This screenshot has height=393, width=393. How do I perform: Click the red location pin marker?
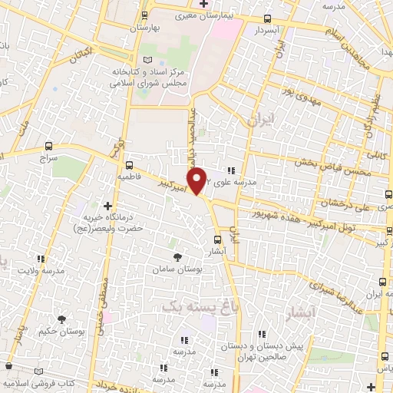click(198, 180)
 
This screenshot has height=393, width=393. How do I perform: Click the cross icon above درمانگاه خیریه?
click(107, 206)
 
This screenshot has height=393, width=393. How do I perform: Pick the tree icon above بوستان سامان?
click(178, 257)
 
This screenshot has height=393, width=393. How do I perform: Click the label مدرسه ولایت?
click(39, 270)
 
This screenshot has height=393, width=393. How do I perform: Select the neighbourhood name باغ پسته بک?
click(196, 305)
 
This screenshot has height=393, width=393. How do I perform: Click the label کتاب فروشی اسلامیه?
click(41, 381)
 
